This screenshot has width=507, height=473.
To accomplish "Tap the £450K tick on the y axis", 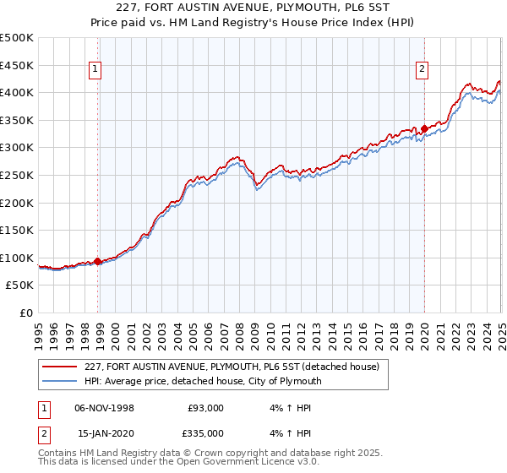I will pos(16,65).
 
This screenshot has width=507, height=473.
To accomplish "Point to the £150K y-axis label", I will pos(16,230).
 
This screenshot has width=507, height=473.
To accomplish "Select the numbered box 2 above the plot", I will pos(421,70).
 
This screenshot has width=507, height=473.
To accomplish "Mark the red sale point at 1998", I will pos(98,261).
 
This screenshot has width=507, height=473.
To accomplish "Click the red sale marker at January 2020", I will pos(424,128).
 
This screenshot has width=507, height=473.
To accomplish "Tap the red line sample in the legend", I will pos(60,367).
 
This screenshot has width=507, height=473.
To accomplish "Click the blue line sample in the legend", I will pos(60,381).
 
